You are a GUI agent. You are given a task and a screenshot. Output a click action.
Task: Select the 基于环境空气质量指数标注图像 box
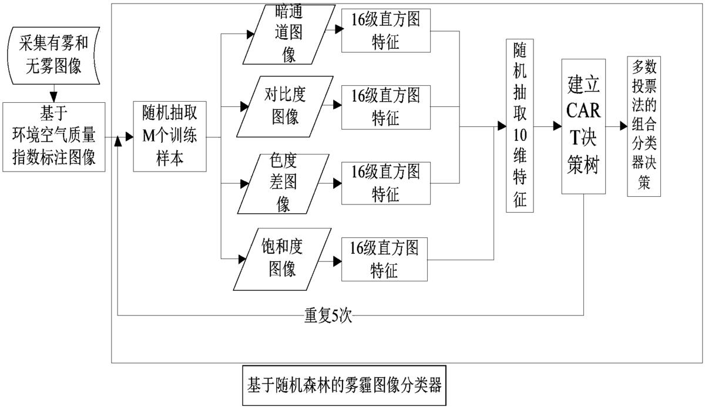pos(54,137)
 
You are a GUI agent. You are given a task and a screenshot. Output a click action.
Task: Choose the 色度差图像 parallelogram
pos(283,183)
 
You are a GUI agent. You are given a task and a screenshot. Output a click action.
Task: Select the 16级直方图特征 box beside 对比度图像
pos(385,106)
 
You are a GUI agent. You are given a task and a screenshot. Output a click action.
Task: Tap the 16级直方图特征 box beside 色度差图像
pos(385,183)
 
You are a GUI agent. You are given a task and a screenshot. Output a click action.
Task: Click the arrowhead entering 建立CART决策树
pos(557,126)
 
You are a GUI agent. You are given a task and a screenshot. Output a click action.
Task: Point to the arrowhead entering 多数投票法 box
pos(623,126)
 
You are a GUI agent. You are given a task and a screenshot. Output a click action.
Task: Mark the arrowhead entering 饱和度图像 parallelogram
pos(242,258)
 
